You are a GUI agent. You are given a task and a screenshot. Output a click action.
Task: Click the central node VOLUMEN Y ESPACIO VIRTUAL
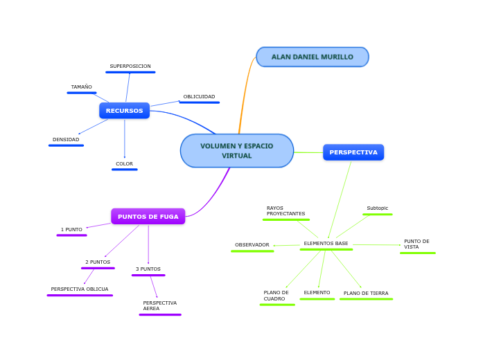237,151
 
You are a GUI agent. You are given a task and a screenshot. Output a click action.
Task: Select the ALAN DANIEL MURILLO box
312,57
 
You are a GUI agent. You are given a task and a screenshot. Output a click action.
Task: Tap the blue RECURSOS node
124,111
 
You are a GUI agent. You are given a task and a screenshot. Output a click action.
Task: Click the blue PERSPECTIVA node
353,152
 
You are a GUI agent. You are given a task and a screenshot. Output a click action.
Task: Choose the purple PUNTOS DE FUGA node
148,217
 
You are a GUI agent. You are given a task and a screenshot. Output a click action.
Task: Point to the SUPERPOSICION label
130,66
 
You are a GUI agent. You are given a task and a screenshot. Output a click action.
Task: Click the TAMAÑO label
81,87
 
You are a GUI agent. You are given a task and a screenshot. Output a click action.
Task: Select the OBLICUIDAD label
199,97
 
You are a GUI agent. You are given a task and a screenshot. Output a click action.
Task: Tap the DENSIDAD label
66,140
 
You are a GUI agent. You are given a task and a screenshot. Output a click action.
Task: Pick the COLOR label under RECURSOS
124,164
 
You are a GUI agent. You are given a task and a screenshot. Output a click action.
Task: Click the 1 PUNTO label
71,229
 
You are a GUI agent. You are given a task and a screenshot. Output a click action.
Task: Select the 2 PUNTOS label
98,262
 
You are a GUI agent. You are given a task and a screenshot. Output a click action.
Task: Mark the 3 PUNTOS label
148,269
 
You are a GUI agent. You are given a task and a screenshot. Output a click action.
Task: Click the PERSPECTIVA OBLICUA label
80,289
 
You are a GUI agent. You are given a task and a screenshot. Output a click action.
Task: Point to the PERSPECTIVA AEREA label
159,306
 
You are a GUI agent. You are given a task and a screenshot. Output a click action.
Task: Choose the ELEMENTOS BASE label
326,244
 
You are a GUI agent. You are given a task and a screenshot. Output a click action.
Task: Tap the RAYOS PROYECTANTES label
286,210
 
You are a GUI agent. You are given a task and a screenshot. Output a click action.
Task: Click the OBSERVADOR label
252,245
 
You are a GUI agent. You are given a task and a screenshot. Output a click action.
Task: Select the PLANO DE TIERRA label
366,294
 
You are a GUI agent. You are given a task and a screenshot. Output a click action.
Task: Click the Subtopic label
378,208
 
